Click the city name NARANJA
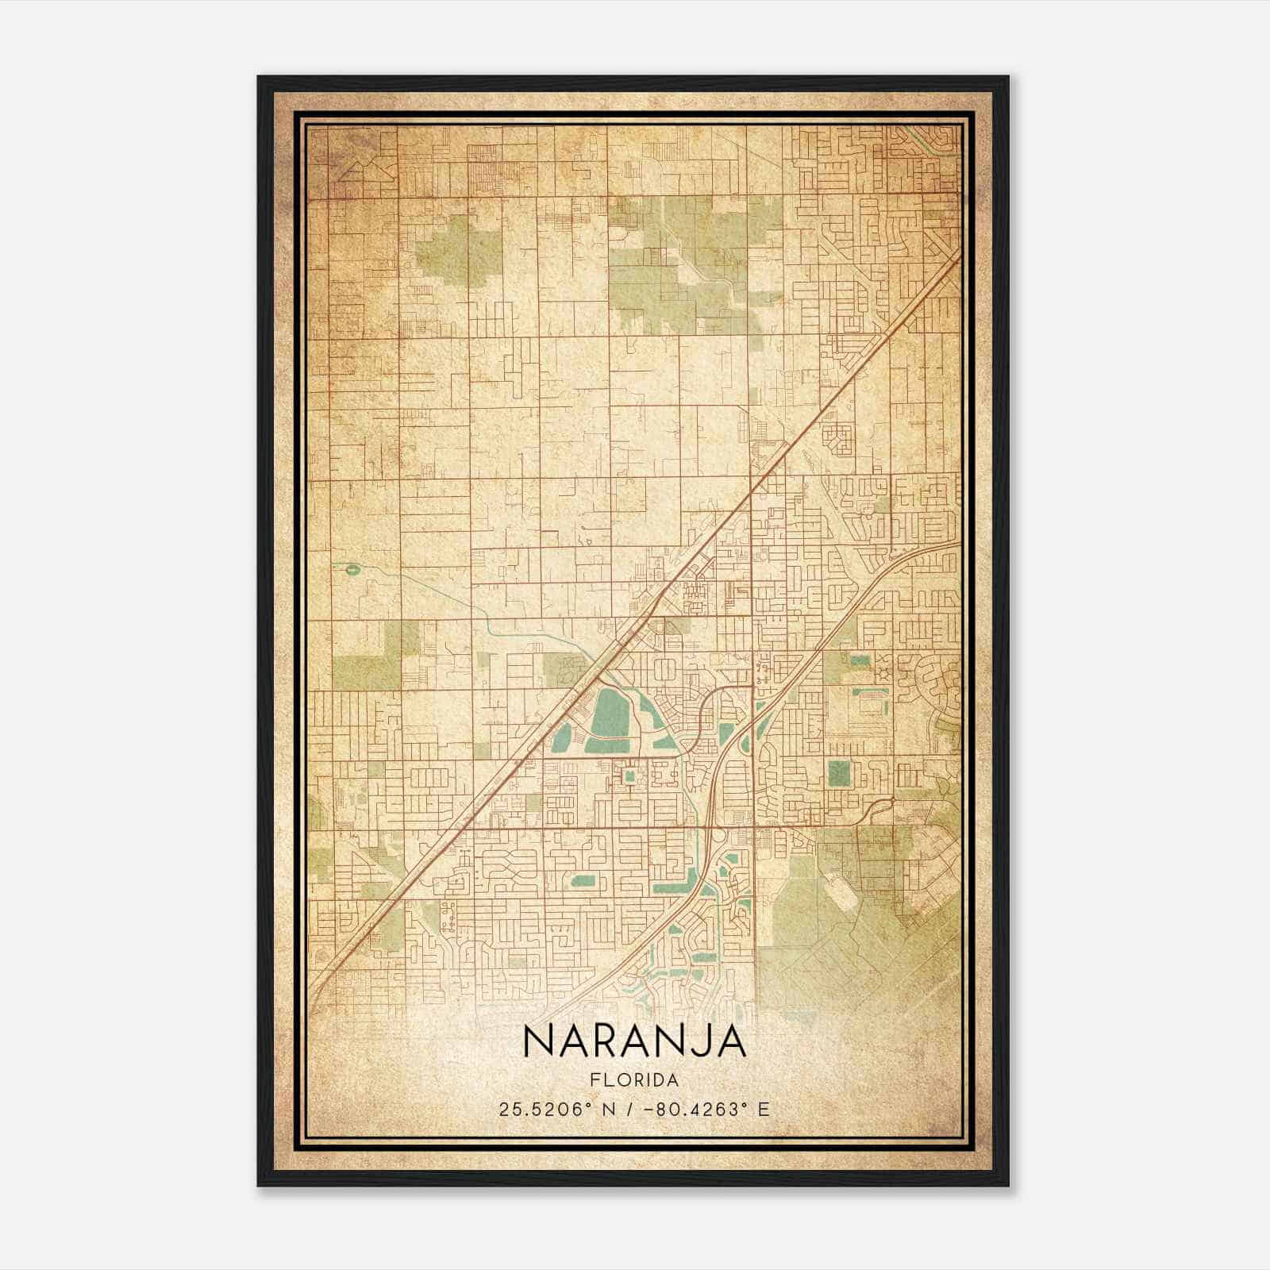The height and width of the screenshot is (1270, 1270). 635,1042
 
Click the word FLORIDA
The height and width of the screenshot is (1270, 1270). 635,1080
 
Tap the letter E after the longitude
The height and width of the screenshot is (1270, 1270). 764,1110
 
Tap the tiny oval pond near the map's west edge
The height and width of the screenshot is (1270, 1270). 350,568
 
